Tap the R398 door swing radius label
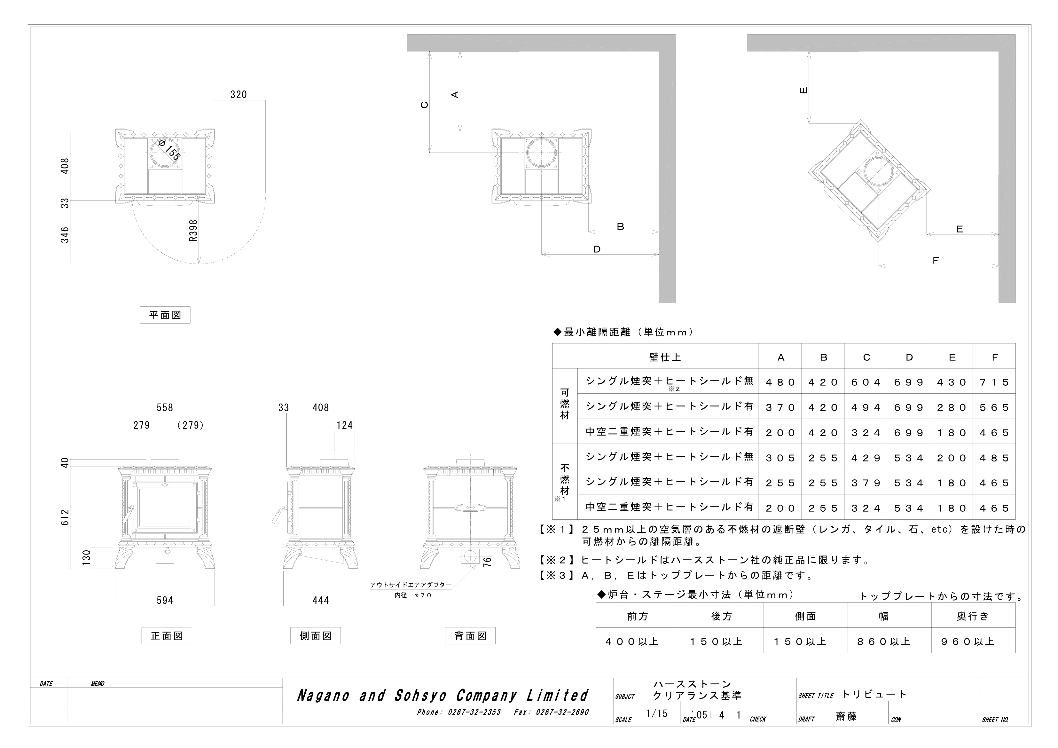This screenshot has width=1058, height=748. (193, 231)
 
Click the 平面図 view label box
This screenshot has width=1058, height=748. (165, 315)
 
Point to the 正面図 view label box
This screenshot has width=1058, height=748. (167, 636)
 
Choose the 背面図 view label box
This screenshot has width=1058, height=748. (470, 636)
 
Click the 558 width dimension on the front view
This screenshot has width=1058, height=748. (165, 407)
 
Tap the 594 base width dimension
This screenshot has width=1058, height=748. (165, 601)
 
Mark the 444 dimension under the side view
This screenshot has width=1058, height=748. (321, 601)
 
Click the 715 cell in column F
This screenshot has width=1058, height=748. (994, 382)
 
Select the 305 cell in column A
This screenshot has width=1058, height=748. (780, 458)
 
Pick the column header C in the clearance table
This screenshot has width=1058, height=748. (866, 357)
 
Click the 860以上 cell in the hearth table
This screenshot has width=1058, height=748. (883, 642)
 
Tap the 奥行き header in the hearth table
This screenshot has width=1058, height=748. (973, 616)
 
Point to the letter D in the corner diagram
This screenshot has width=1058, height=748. (597, 249)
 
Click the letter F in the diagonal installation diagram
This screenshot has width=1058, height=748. (936, 260)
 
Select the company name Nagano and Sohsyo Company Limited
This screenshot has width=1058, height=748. (443, 696)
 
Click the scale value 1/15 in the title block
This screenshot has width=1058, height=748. (657, 714)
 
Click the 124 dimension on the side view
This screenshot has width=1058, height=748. (345, 425)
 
